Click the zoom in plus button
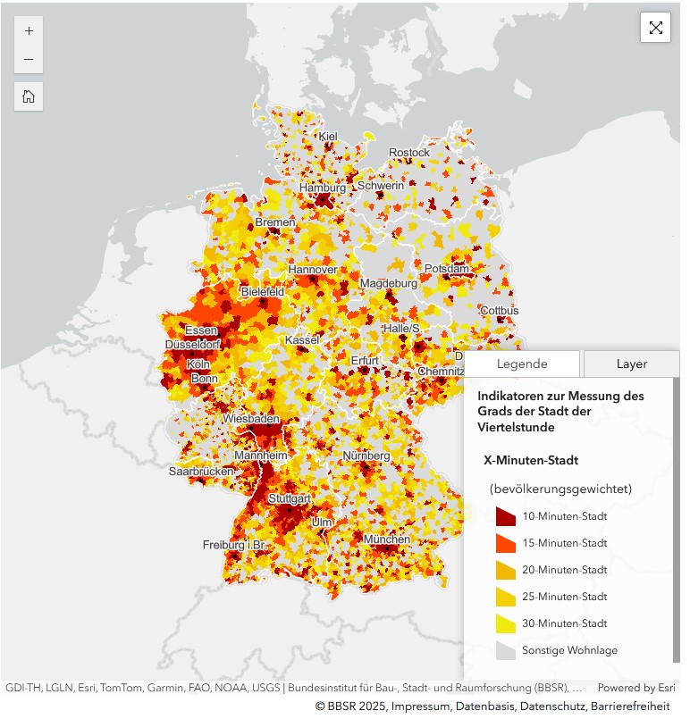[29, 30]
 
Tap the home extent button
[29, 96]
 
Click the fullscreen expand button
[655, 28]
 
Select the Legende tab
[523, 364]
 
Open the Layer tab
[631, 364]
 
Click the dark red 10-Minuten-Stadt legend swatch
[506, 516]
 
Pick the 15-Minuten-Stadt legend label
[564, 543]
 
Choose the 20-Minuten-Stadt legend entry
[564, 570]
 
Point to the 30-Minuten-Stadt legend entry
[564, 623]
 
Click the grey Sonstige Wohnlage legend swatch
[506, 650]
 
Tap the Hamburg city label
[322, 188]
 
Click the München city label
[387, 539]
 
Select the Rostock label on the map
[408, 153]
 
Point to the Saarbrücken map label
[201, 471]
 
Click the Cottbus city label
[499, 310]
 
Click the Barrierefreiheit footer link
[629, 706]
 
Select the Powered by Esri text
[636, 688]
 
